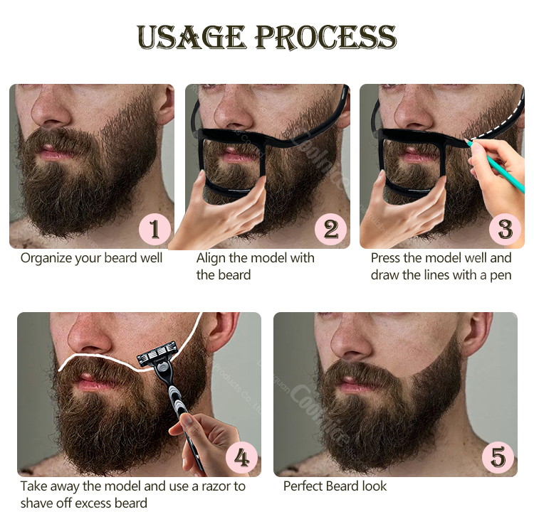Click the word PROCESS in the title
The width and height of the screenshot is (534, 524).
coord(325,37)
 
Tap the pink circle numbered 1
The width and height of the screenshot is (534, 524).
coord(154,228)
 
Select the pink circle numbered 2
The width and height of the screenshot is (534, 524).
coord(330,228)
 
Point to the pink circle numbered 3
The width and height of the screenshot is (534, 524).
coord(505,228)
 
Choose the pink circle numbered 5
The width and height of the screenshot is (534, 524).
coord(498,457)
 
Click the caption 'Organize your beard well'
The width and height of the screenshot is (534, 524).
coord(91,258)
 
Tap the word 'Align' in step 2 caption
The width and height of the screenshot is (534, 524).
coord(212,258)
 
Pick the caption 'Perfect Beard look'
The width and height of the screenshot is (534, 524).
coord(335,486)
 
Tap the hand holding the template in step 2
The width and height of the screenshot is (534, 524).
coord(214,213)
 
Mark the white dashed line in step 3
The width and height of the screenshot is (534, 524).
coord(498,114)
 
